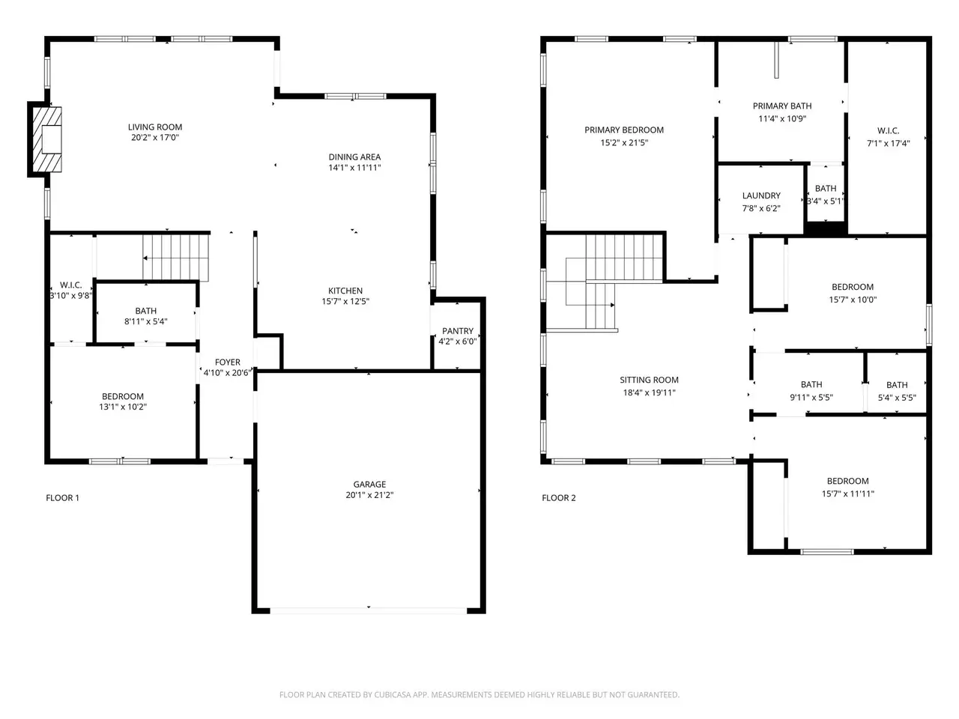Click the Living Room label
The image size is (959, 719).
[155, 127]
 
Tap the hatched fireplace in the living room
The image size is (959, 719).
[47, 139]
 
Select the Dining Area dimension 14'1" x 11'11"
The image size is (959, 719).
[354, 168]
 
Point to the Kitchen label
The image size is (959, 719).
[345, 291]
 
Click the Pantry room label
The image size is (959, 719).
[458, 331]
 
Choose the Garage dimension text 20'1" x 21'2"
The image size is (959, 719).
[369, 495]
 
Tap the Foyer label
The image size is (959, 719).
[228, 362]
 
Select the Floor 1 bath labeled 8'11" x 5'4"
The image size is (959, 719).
[146, 316]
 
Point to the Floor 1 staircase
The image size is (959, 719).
[175, 258]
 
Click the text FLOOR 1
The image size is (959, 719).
[62, 498]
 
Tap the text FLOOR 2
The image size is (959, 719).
[559, 498]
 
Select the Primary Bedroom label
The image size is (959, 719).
[624, 130]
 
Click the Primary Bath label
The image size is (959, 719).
[782, 106]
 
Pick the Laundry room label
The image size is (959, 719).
[761, 196]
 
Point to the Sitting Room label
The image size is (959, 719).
[649, 380]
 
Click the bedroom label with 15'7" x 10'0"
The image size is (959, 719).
[853, 294]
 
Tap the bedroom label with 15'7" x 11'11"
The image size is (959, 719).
[847, 488]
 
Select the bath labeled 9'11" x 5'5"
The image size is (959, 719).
[811, 391]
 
